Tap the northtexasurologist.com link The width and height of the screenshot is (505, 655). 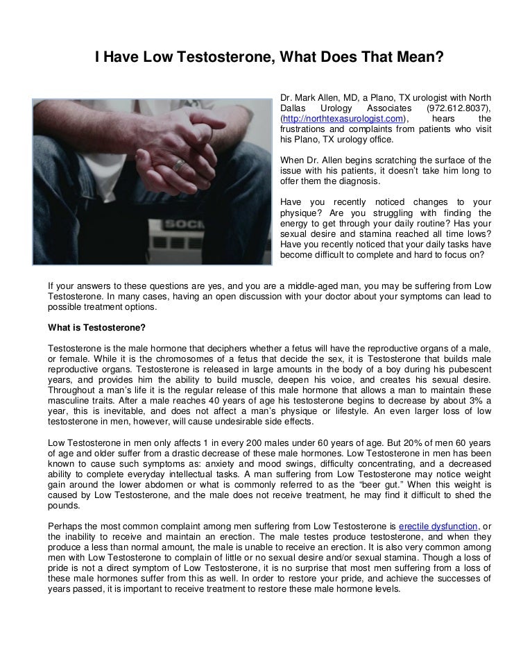point(343,119)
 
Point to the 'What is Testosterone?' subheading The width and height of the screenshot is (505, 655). point(96,327)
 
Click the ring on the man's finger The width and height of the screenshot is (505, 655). point(179,165)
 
